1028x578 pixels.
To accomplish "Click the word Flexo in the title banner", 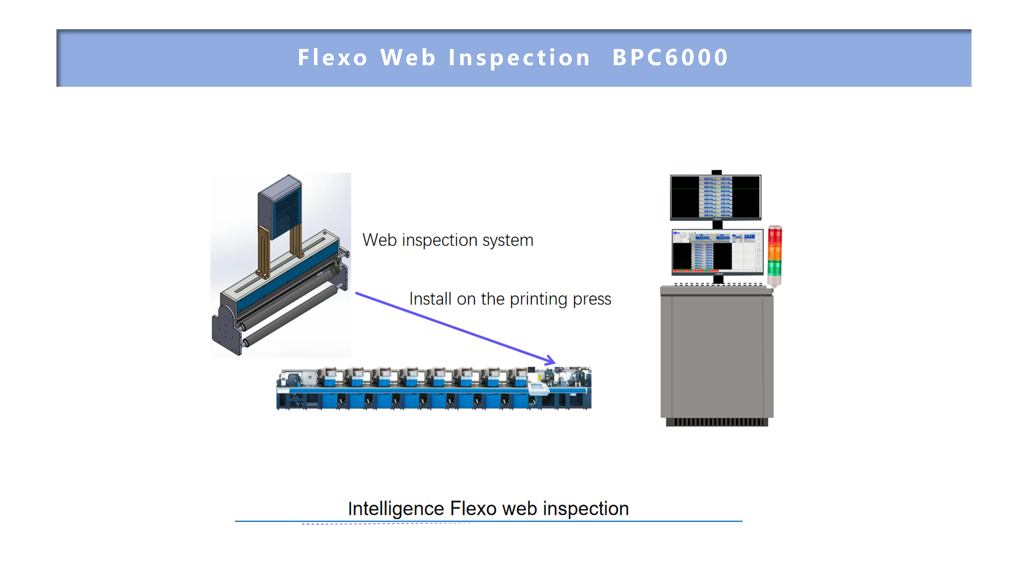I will point(332,57).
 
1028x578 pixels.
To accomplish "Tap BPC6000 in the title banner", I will point(670,57).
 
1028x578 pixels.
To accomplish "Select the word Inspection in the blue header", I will point(519,57).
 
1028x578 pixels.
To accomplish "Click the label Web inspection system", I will point(448,240).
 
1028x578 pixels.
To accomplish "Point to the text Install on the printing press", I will point(510,299).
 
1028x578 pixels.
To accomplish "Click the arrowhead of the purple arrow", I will point(551,360).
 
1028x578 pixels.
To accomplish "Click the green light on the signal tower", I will point(775,267).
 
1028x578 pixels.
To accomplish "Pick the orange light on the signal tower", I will point(775,252).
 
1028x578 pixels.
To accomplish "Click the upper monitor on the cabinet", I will point(716,197).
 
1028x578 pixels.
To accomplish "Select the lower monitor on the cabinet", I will point(717,252).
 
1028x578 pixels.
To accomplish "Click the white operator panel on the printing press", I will point(538,388).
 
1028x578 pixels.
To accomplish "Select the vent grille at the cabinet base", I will point(717,422).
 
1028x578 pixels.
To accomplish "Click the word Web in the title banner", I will point(408,57).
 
